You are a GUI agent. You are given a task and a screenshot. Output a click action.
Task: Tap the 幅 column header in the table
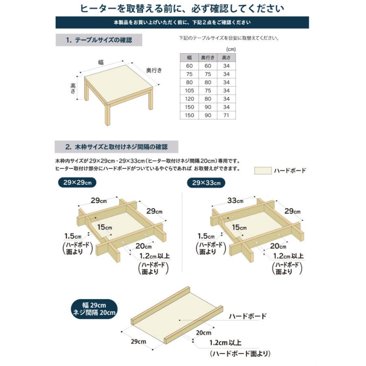(190, 57)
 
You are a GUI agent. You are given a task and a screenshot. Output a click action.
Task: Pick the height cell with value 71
(227, 115)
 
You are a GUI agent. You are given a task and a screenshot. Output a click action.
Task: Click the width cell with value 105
(190, 90)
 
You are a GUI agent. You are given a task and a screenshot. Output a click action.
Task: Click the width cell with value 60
(190, 65)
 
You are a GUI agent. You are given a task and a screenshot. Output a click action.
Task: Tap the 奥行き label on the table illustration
(154, 70)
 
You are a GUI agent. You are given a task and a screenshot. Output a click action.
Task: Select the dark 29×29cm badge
(76, 183)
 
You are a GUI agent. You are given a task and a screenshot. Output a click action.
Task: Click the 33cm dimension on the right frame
(235, 200)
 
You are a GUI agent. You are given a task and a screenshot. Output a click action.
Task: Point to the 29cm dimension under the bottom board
(139, 341)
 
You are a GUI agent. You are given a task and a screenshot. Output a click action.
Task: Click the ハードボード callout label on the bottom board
(247, 316)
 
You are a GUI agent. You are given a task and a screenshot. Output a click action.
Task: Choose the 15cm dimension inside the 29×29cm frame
(104, 227)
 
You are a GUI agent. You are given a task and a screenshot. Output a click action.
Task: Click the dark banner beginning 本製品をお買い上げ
(182, 22)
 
